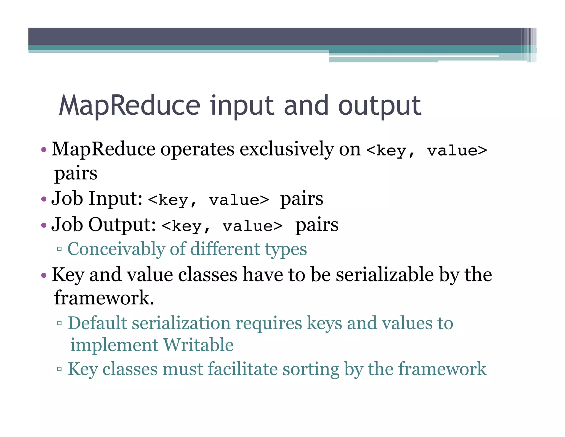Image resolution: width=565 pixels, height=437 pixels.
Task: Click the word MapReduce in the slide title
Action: point(129,106)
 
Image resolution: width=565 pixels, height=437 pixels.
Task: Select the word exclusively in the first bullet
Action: point(287,149)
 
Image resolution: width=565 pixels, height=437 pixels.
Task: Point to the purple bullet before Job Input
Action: point(44,199)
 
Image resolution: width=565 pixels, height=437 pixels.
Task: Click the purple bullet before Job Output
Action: point(44,225)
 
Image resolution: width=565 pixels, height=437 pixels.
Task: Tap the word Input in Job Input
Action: point(115,199)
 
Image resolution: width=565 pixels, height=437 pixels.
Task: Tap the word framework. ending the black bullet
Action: point(104,298)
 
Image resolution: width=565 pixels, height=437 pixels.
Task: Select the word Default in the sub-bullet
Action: point(97,323)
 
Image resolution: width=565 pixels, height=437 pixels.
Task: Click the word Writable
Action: point(198,345)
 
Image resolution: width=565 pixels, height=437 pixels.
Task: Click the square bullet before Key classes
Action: point(59,369)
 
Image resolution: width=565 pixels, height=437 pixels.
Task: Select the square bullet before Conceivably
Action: point(59,249)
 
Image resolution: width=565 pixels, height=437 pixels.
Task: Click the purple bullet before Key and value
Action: point(44,275)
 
